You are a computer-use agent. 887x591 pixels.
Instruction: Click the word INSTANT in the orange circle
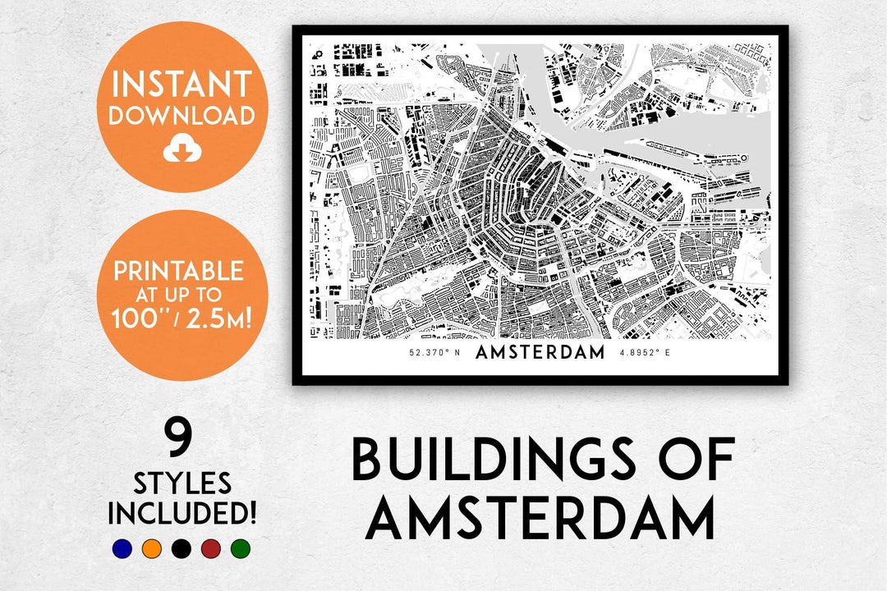182,85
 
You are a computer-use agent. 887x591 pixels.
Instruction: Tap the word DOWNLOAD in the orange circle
182,116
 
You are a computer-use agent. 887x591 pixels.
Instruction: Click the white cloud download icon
182,149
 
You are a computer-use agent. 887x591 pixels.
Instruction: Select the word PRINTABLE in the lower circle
178,271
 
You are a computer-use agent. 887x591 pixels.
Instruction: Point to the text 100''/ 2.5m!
179,317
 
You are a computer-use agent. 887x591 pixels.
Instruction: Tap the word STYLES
182,483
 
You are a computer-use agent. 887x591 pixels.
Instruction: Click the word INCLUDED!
182,514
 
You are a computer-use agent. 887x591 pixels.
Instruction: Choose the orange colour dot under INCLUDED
151,548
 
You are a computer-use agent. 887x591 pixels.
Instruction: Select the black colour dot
181,548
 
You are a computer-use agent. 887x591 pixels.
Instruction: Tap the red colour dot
210,548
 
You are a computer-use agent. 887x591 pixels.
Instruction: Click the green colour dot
240,548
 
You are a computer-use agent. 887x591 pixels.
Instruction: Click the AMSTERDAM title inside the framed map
540,353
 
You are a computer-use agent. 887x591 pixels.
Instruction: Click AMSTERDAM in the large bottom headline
540,519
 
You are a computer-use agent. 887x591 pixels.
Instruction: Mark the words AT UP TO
178,293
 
